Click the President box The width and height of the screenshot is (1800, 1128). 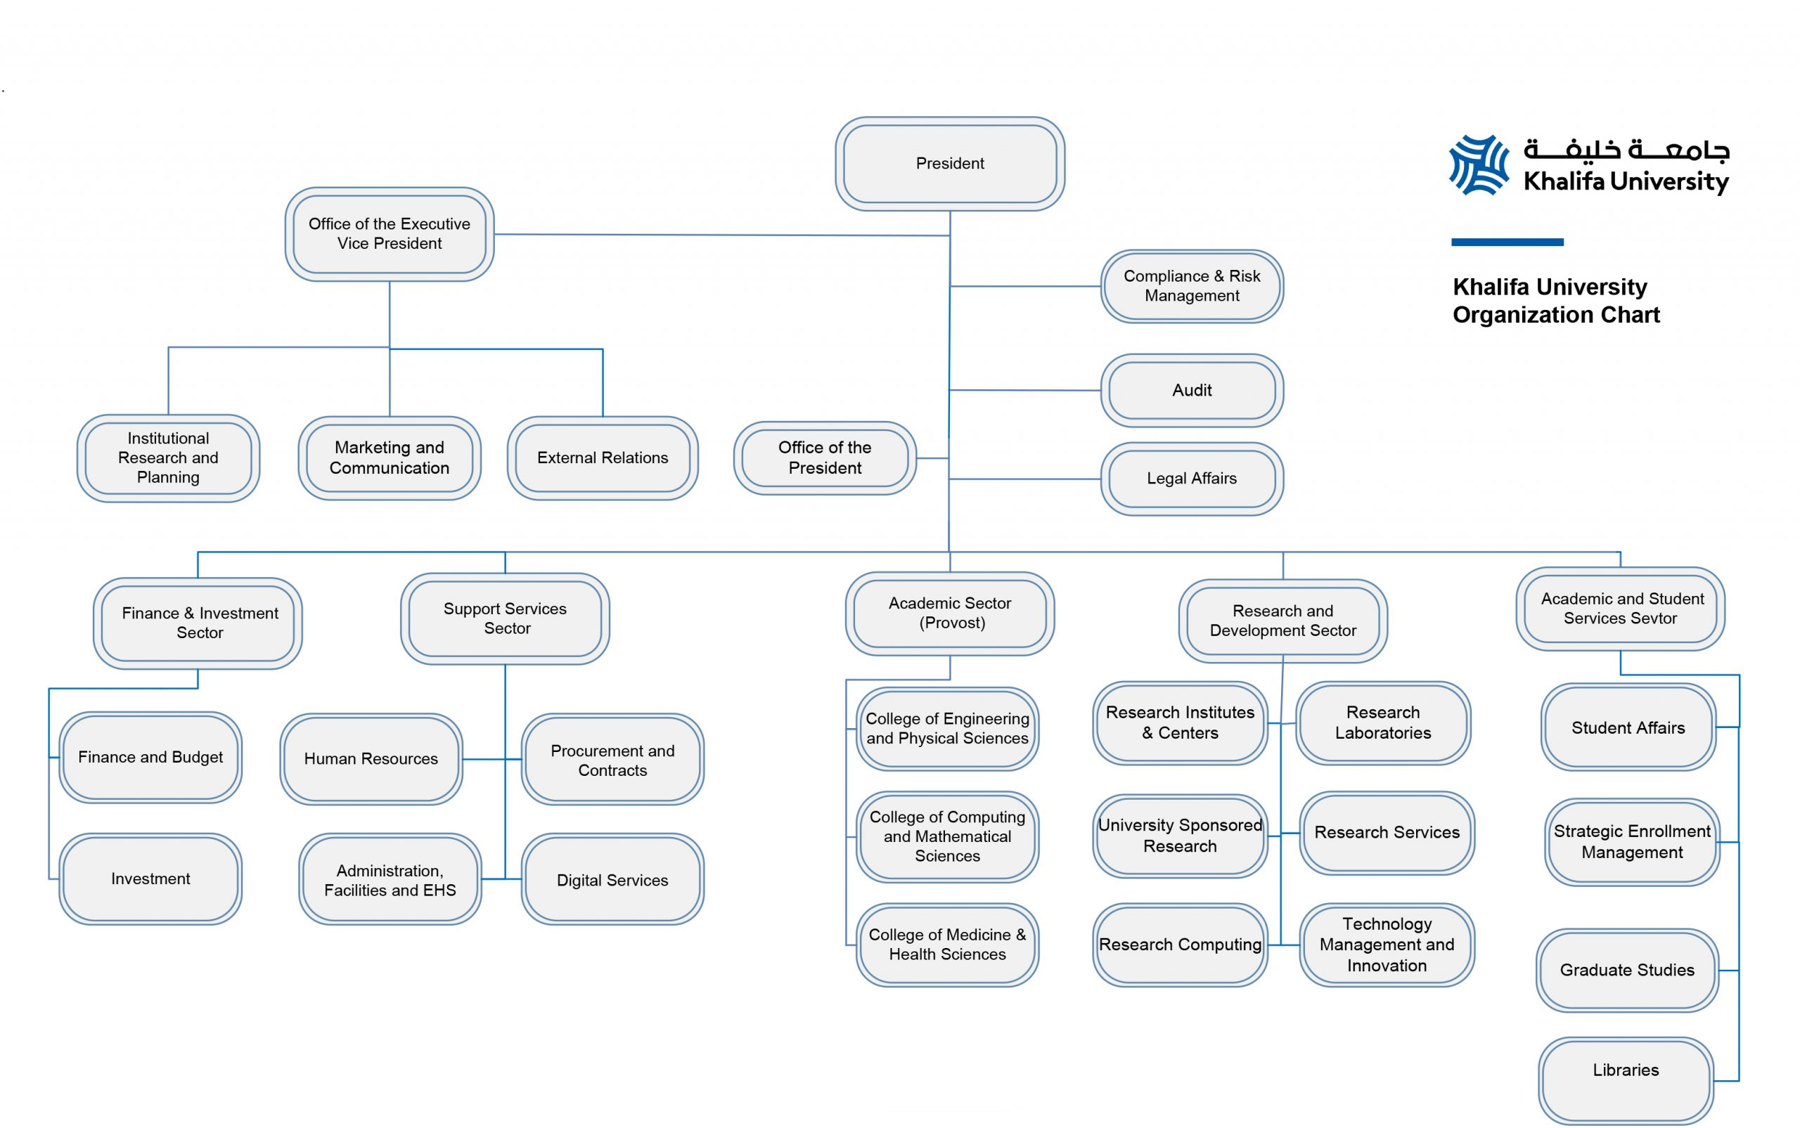click(949, 163)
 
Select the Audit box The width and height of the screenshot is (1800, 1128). click(1191, 390)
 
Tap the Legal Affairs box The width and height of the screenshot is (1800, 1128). click(1191, 478)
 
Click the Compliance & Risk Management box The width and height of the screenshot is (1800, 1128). click(1191, 286)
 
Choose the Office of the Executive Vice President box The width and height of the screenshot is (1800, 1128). click(389, 233)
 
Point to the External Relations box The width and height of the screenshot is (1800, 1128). click(603, 458)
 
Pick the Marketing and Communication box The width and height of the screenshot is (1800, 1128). click(389, 458)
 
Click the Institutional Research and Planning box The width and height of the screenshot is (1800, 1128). click(168, 458)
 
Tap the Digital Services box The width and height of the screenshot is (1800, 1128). click(612, 880)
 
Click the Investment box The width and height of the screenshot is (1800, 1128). click(150, 878)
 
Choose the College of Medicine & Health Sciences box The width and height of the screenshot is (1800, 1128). click(946, 944)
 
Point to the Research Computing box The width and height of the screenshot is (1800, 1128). click(1179, 944)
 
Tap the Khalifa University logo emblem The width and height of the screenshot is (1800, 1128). click(1477, 165)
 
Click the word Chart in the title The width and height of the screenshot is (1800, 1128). click(1630, 315)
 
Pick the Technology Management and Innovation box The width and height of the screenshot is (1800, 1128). click(1386, 944)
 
